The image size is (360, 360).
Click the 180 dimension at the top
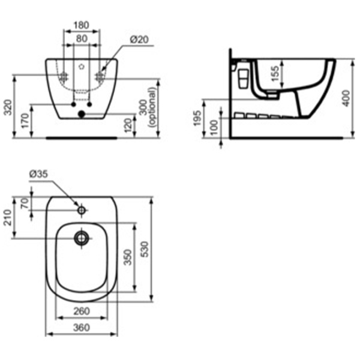pyautogui.click(x=82, y=26)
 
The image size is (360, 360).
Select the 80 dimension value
pyautogui.click(x=82, y=38)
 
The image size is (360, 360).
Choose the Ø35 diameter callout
pyautogui.click(x=37, y=175)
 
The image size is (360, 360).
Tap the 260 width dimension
pyautogui.click(x=82, y=311)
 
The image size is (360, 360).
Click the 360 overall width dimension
pyautogui.click(x=82, y=328)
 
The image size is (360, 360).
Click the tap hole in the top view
pyautogui.click(x=82, y=210)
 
